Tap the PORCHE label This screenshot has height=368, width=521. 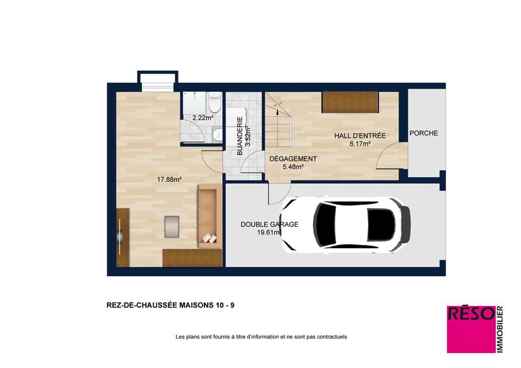pos(423,133)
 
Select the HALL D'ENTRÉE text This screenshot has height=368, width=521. pos(359,135)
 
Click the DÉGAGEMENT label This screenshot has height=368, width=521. pos(293,159)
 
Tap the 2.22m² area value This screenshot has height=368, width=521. pos(202,118)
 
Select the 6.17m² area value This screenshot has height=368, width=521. pos(359,144)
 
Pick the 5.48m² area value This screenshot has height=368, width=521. pos(293,167)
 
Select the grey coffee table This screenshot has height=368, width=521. pos(173,225)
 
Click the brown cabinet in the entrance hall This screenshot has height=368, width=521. pos(350,102)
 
